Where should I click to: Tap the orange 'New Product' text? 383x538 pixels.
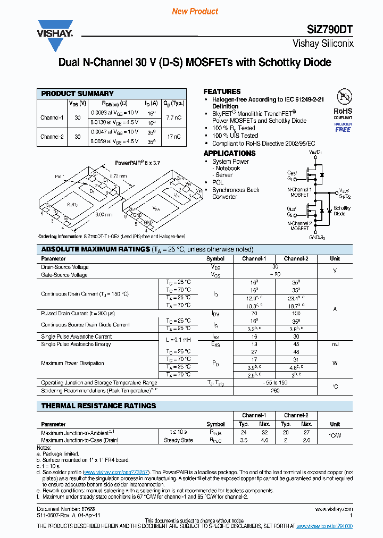pos(195,11)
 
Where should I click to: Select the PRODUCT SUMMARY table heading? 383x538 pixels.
pos(78,94)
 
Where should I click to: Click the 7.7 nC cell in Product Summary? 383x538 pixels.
pos(173,117)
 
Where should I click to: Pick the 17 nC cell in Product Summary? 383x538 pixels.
pos(173,137)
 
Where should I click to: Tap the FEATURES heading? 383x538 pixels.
pos(222,91)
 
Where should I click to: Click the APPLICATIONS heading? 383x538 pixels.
pos(229,153)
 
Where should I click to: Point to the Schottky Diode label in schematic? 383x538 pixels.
pos(342,211)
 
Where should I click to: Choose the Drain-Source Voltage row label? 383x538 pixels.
pos(65,267)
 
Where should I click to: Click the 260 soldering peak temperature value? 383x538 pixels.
pos(275,391)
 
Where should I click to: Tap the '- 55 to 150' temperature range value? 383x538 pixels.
pos(275,383)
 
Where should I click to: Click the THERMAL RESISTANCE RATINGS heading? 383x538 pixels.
pos(98,406)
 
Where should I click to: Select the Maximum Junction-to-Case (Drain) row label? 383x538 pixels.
pos(80,440)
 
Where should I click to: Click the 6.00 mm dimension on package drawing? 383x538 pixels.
pos(104,215)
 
